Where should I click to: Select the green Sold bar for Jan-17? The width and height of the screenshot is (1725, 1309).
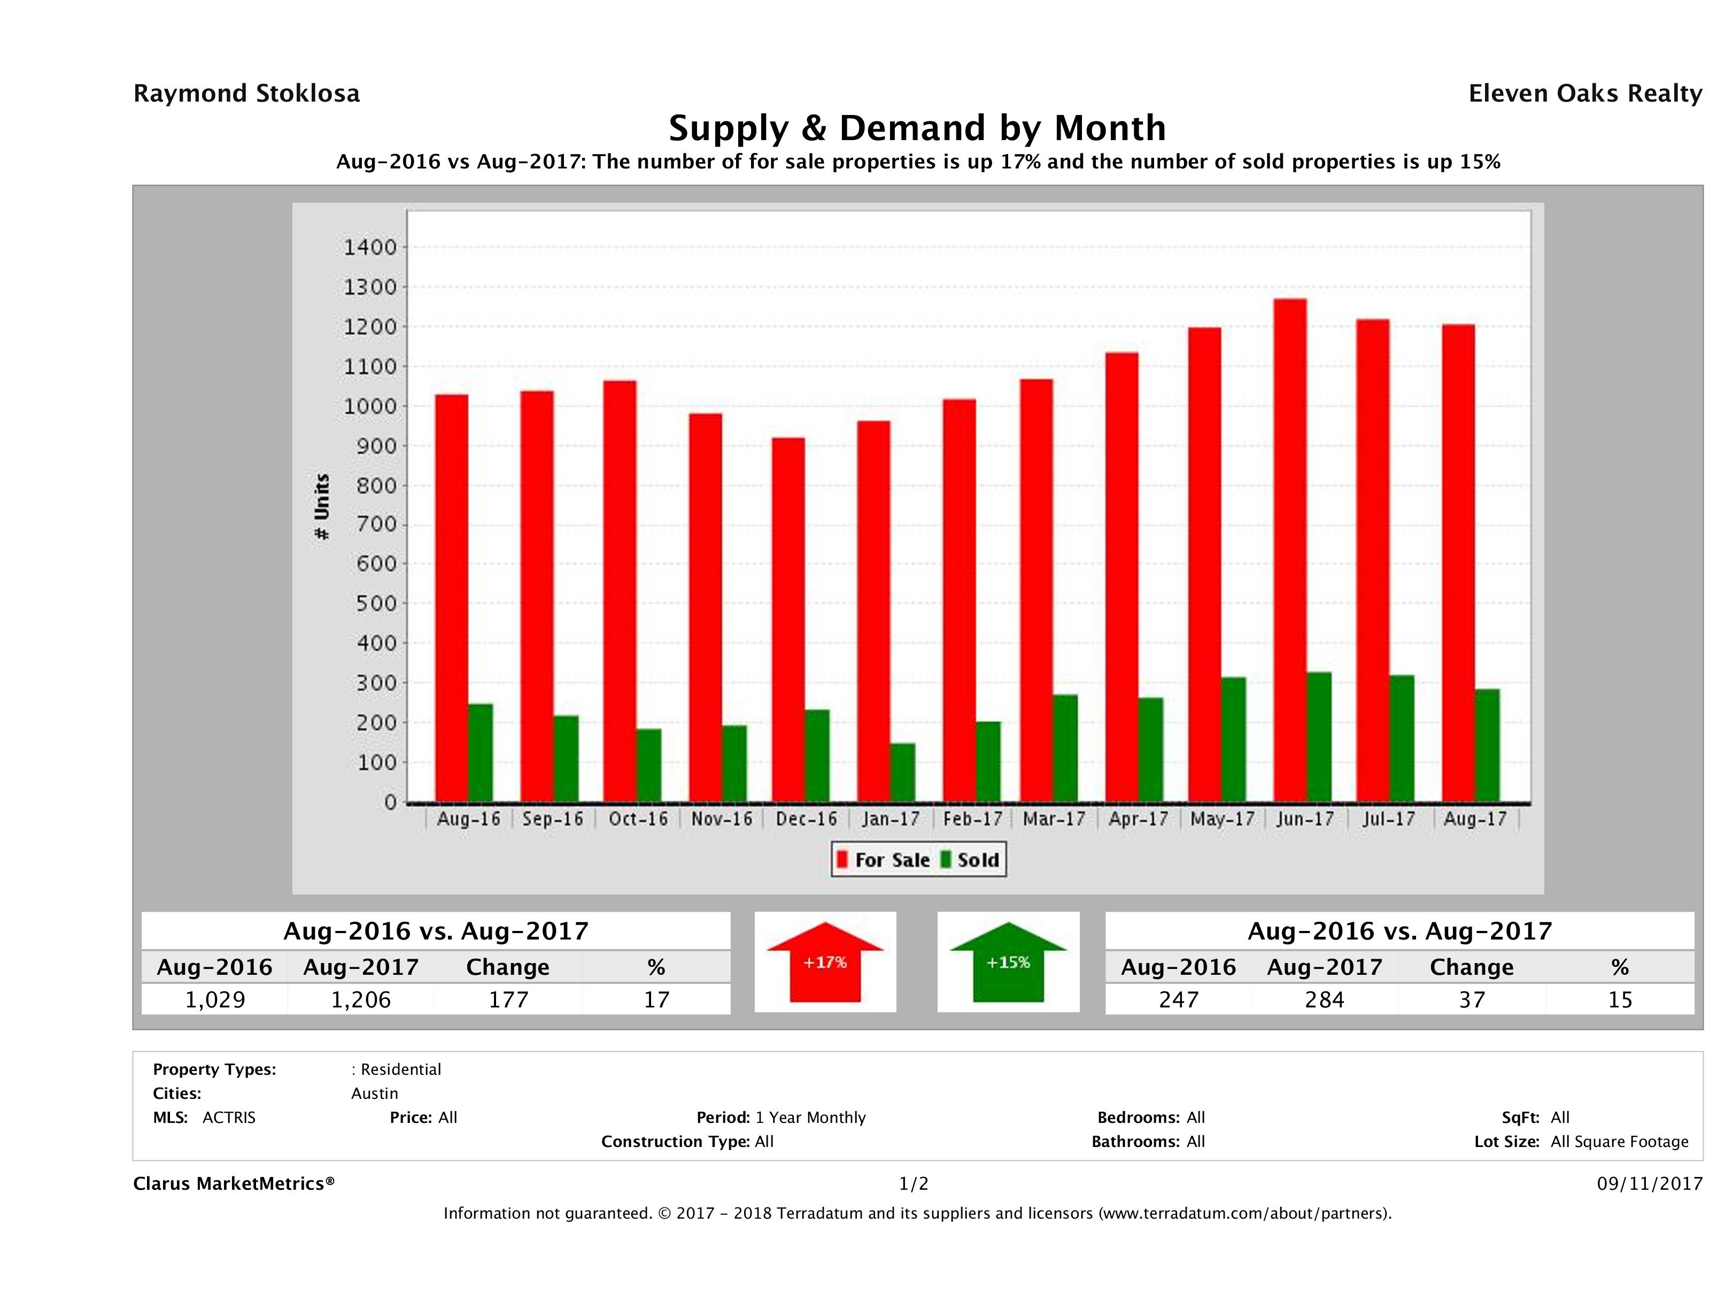click(902, 772)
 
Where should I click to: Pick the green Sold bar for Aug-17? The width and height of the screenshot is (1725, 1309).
click(1487, 745)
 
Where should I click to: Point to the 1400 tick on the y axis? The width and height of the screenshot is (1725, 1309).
click(370, 247)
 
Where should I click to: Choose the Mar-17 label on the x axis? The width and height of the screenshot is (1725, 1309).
click(1054, 819)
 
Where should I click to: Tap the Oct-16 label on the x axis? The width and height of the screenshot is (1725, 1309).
click(638, 819)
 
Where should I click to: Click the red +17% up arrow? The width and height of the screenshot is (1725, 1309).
click(825, 962)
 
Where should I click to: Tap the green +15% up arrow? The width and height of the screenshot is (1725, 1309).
click(1008, 962)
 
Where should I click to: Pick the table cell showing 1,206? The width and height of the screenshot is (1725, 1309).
click(361, 999)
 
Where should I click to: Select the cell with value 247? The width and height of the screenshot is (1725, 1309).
click(1178, 999)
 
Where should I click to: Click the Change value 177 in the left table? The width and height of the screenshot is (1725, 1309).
click(508, 999)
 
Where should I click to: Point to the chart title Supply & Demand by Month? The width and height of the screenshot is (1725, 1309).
click(917, 128)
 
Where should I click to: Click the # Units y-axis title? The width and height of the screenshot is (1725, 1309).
click(321, 507)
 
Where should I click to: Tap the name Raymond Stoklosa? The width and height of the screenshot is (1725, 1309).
click(246, 94)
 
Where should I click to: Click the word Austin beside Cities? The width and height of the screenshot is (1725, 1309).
click(374, 1094)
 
